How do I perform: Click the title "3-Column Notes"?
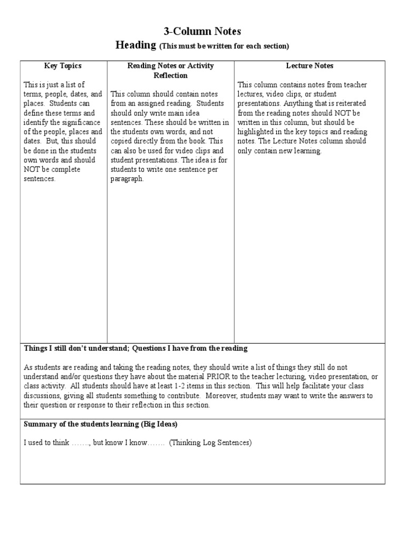point(202,32)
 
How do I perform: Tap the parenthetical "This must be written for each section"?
point(224,46)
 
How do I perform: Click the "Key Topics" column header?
point(63,66)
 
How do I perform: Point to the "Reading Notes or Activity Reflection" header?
point(170,71)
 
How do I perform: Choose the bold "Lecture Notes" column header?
point(310,66)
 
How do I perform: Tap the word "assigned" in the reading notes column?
point(149,103)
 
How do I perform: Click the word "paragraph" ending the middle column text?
point(127,179)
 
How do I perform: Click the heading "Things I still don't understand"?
point(76,349)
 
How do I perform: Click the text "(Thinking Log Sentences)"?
point(210,442)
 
